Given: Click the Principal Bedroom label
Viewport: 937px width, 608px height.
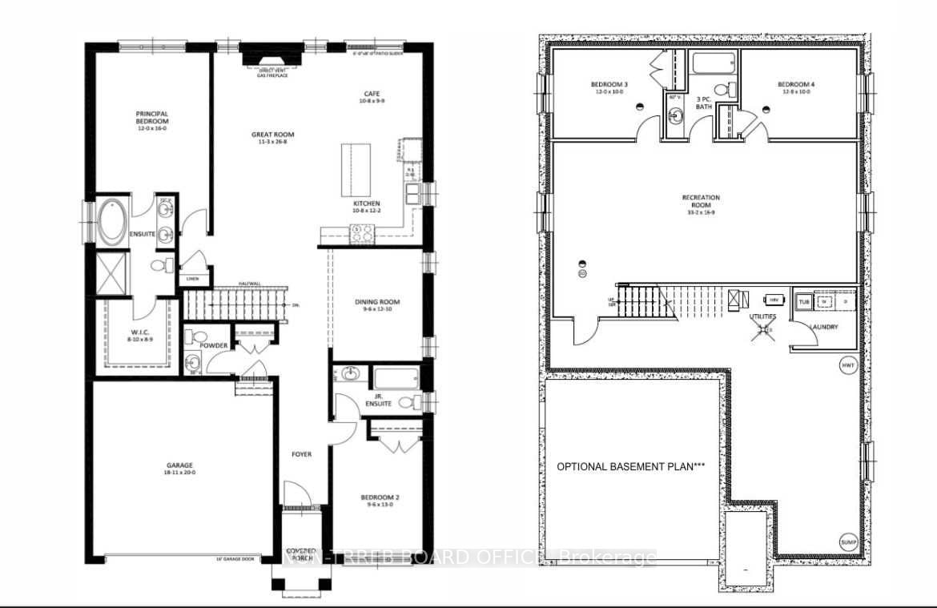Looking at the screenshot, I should pos(151,118).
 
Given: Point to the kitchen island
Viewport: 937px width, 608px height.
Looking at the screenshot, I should pos(357,169).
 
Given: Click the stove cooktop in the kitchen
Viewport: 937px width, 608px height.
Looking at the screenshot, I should pos(361,233).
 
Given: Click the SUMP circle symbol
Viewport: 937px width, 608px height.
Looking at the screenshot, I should pos(848,542).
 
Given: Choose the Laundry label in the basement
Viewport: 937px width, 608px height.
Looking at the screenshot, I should pos(823,327).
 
